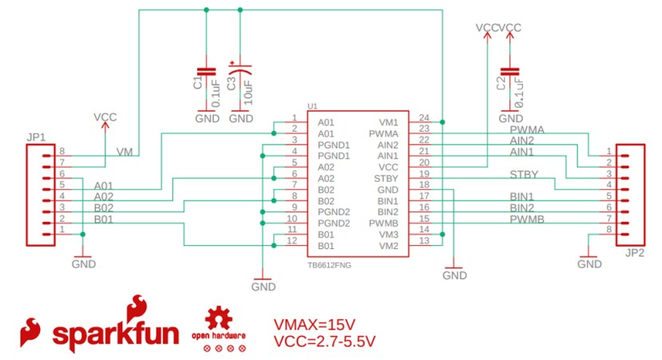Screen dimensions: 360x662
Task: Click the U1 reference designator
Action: pos(312,106)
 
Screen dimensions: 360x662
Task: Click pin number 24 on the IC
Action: pos(424,117)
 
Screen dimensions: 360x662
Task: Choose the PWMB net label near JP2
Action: pos(526,218)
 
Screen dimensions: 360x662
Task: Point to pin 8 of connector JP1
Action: pos(61,151)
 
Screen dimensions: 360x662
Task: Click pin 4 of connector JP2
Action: pos(609,184)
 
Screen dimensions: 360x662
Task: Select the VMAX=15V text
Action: pos(314,325)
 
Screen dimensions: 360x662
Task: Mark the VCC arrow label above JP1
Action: pos(105,117)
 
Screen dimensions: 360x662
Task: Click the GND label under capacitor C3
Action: pos(241,118)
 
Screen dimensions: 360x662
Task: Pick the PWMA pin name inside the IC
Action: pos(383,134)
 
